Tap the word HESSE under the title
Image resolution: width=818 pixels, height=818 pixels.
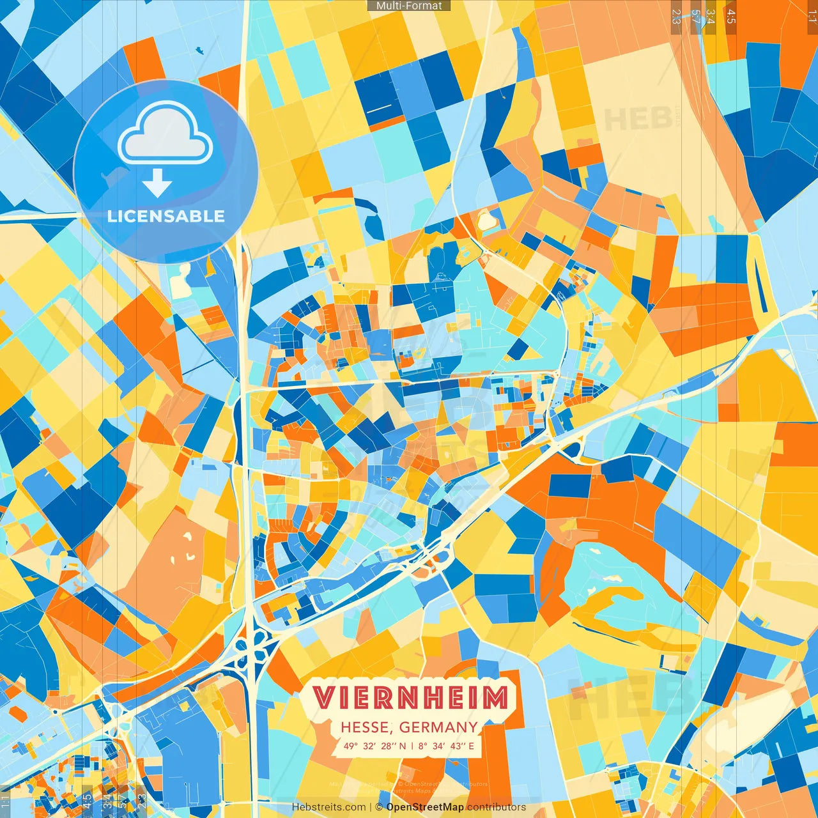[364, 727]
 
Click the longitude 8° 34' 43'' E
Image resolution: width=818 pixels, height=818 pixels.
[446, 746]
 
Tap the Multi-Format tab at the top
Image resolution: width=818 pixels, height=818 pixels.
[409, 6]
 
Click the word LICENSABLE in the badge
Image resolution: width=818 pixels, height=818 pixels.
[166, 216]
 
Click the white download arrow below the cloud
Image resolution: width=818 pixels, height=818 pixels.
[157, 184]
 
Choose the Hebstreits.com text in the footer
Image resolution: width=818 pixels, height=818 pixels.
[328, 807]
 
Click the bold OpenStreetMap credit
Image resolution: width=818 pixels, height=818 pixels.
[425, 807]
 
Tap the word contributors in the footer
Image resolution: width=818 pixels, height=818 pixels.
[497, 807]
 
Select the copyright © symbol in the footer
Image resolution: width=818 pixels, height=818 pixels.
[378, 807]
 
